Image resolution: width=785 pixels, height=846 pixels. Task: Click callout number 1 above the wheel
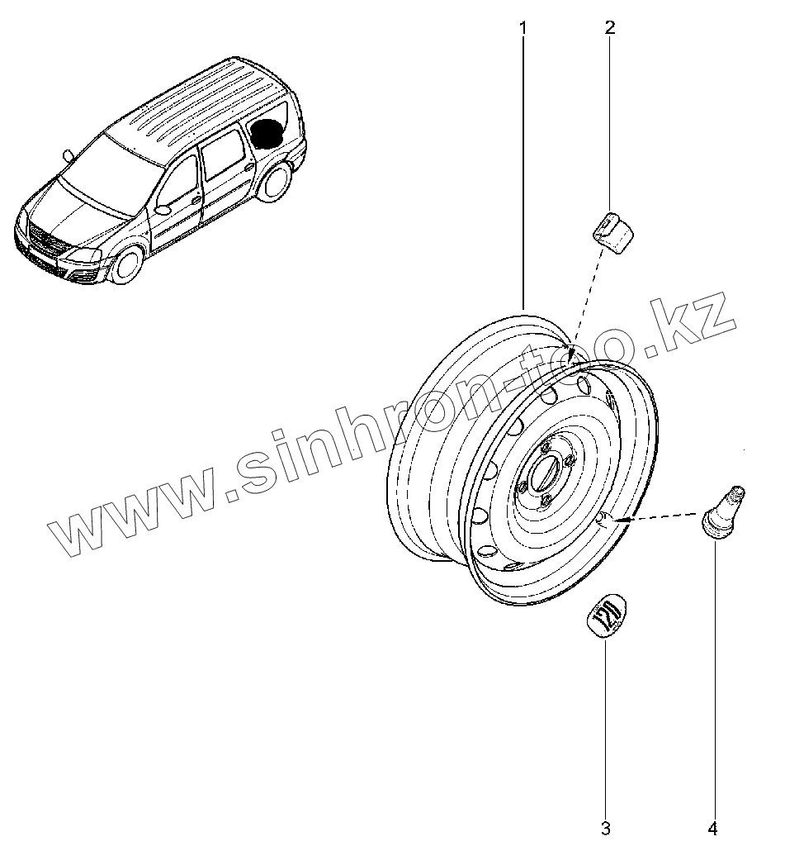click(523, 27)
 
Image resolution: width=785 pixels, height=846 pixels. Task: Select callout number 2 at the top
click(610, 27)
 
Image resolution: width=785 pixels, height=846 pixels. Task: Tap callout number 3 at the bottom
click(605, 827)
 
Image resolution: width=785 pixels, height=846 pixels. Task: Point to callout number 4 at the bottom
click(712, 827)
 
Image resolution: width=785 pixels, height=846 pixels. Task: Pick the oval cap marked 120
click(605, 615)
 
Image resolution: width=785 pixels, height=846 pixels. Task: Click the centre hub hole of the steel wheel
click(545, 478)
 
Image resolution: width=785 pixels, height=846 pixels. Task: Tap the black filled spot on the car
click(267, 133)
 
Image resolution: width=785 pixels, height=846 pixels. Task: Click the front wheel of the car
click(127, 264)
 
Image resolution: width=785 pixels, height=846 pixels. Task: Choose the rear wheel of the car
click(275, 182)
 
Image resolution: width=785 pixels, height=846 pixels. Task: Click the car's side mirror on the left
click(68, 154)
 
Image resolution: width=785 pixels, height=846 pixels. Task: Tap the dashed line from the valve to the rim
click(660, 517)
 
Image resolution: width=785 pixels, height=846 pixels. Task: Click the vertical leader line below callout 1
click(523, 165)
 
